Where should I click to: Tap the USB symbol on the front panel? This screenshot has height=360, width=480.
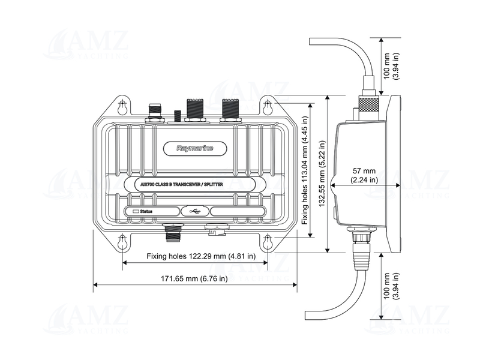[x=196, y=211]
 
